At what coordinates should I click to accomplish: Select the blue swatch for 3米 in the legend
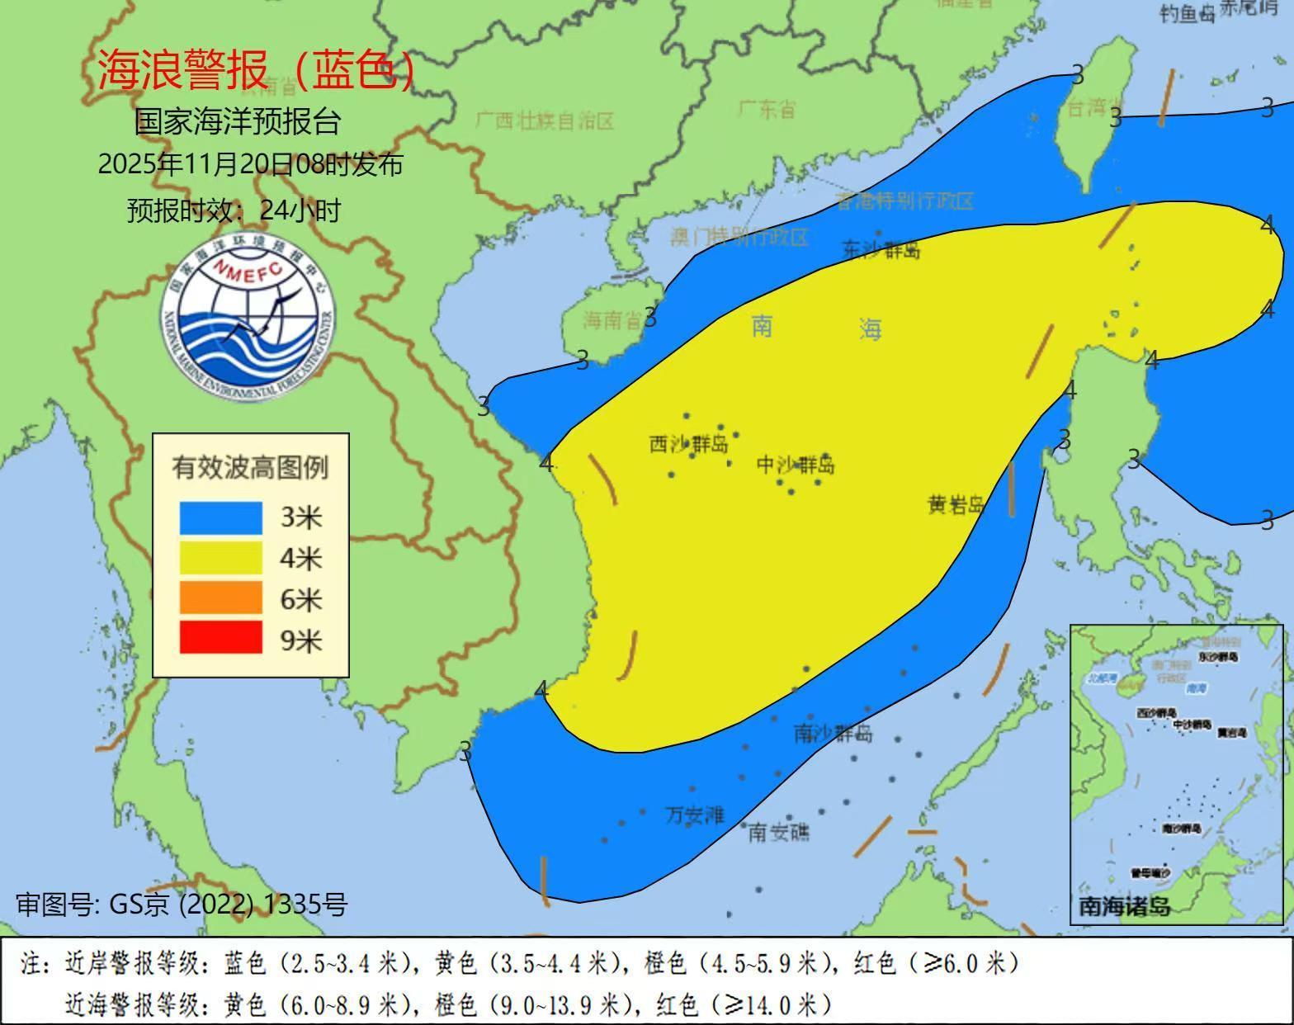pyautogui.click(x=220, y=518)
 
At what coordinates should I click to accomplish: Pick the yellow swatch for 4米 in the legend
pyautogui.click(x=220, y=559)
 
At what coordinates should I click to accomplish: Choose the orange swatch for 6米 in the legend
pyautogui.click(x=220, y=598)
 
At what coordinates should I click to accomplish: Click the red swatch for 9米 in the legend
pyautogui.click(x=220, y=639)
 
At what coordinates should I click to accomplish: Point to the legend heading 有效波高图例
pyautogui.click(x=250, y=468)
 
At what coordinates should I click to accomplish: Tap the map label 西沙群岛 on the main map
pyautogui.click(x=689, y=445)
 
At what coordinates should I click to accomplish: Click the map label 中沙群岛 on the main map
pyautogui.click(x=796, y=465)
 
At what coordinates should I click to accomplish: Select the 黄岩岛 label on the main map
pyautogui.click(x=956, y=505)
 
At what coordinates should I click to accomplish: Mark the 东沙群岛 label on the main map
pyautogui.click(x=881, y=249)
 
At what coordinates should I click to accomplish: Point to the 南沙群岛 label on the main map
pyautogui.click(x=833, y=733)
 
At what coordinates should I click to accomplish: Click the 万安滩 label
pyautogui.click(x=695, y=815)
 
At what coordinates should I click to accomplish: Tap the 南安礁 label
pyautogui.click(x=779, y=832)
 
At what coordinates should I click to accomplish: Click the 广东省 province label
pyautogui.click(x=766, y=109)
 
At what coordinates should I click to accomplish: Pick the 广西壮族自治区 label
pyautogui.click(x=545, y=121)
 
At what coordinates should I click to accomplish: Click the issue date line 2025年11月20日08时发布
pyautogui.click(x=250, y=164)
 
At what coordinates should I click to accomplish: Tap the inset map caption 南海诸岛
pyautogui.click(x=1124, y=906)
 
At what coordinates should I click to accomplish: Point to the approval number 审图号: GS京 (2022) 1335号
pyautogui.click(x=182, y=905)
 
